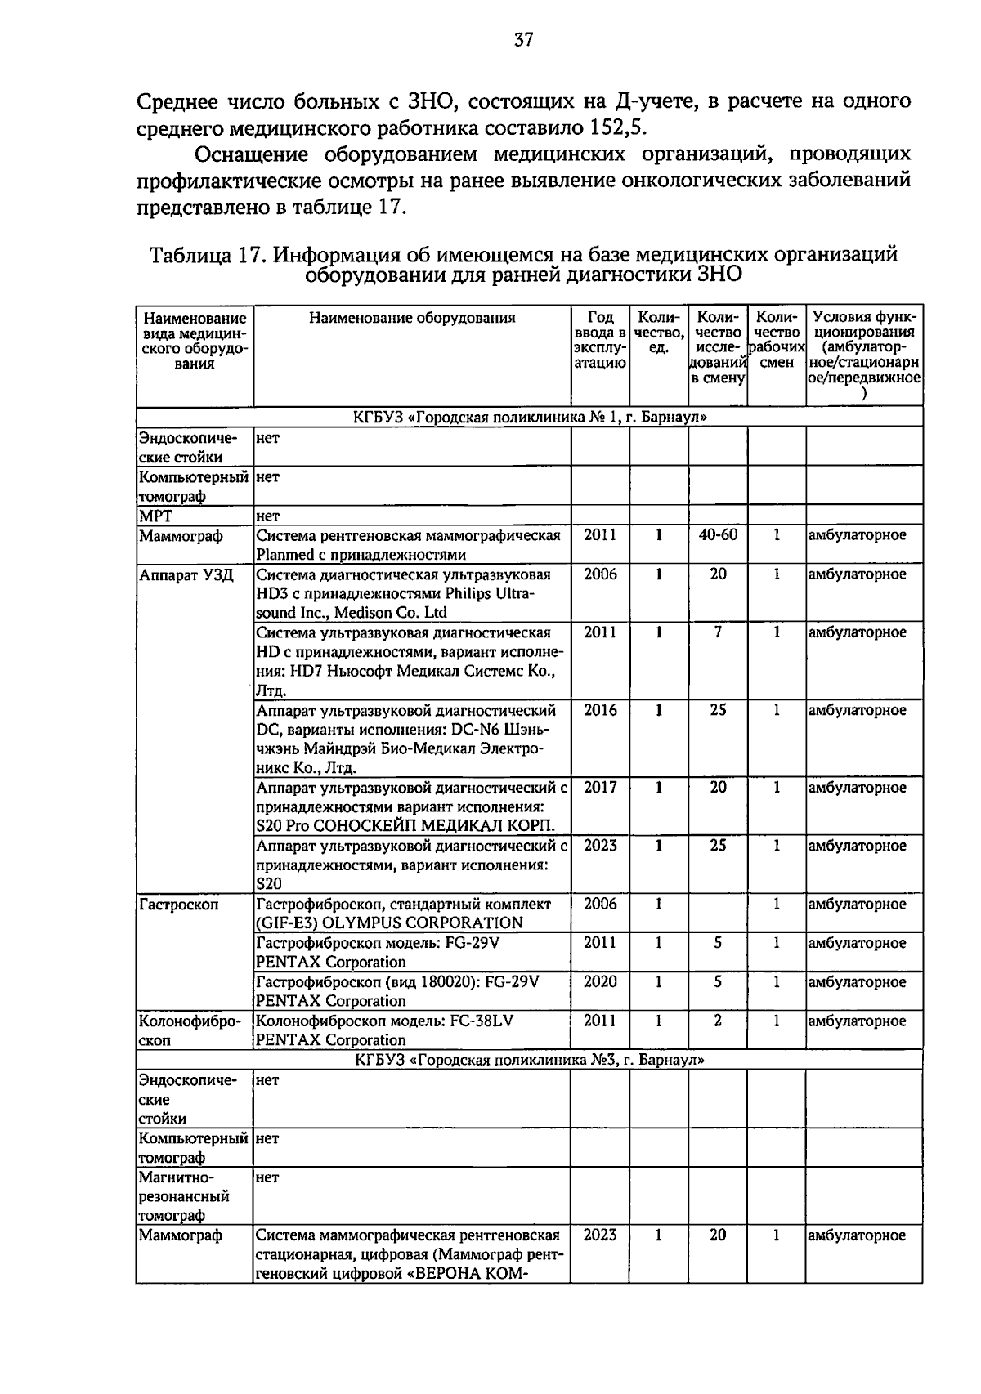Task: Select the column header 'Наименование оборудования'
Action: click(412, 318)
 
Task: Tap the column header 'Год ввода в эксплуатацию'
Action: click(600, 340)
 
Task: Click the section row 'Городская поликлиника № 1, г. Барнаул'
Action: click(530, 418)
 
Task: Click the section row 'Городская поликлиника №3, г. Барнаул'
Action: click(530, 1060)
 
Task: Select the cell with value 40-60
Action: click(717, 535)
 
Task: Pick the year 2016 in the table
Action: click(600, 710)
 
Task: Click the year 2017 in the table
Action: click(600, 788)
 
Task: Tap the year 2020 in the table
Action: click(600, 982)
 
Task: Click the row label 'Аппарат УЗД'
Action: click(186, 575)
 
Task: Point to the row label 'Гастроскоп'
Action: click(179, 905)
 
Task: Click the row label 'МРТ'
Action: click(155, 516)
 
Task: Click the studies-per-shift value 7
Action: click(717, 632)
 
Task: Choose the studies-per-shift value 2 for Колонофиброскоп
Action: click(717, 1021)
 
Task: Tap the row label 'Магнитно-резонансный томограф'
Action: click(184, 1196)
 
